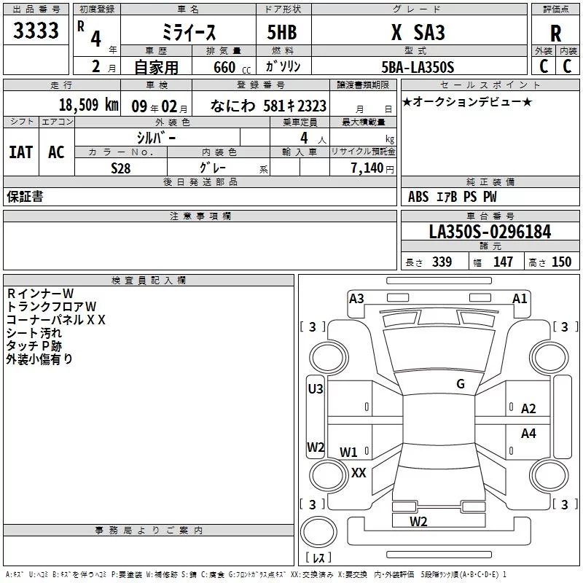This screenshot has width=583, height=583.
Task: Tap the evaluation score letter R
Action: point(555,34)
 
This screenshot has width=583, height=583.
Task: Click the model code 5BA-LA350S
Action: point(417,67)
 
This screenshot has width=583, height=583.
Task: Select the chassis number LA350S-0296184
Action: point(490,232)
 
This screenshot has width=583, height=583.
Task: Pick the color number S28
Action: point(120,168)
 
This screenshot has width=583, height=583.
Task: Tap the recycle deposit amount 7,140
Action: point(373,168)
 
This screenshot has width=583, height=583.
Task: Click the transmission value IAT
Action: point(20,152)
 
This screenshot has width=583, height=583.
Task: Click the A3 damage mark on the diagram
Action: point(356,298)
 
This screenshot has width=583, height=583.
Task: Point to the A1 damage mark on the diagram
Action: point(520,298)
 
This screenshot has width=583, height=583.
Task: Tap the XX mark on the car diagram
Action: point(359,472)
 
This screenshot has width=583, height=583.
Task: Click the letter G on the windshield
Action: point(461,384)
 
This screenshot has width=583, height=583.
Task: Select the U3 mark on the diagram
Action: point(316,389)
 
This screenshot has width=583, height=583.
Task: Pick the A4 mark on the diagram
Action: point(528,433)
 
